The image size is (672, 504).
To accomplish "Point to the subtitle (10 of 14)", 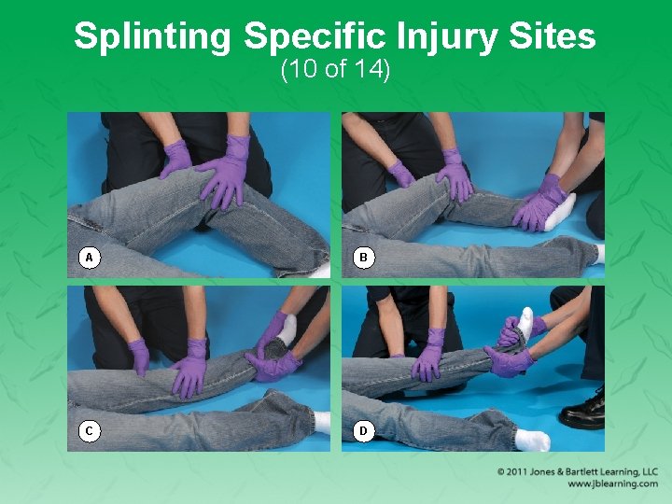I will click(335, 70).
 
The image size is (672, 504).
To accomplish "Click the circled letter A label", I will click(90, 257).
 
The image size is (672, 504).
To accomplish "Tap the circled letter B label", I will click(364, 257).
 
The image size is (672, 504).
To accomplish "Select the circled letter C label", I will click(90, 430).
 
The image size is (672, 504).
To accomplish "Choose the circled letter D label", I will click(364, 430).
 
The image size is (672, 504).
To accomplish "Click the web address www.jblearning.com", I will click(611, 484).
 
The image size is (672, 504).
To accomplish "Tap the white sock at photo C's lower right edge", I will click(322, 422).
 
